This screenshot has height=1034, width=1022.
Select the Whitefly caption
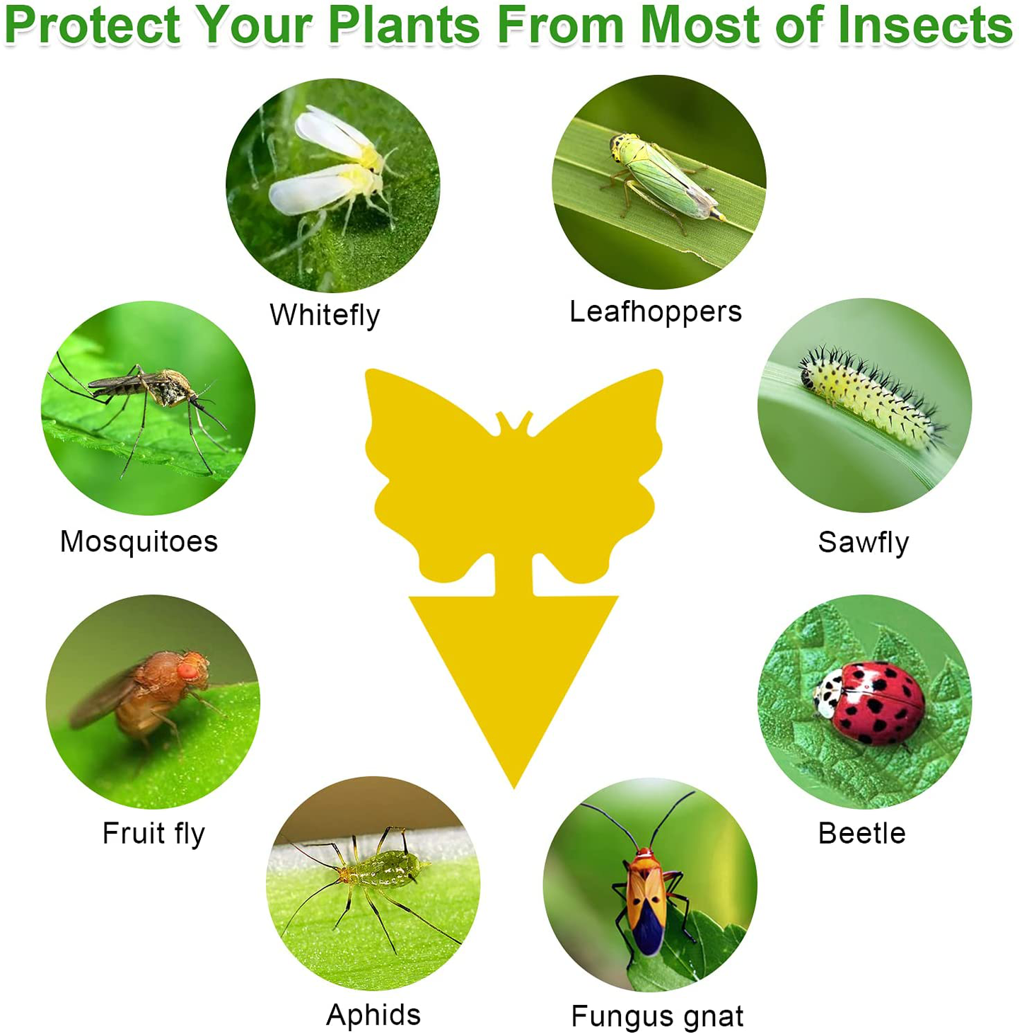[x=325, y=315]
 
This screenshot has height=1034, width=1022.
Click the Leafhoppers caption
[x=656, y=311]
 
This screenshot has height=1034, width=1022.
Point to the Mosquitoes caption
[x=139, y=541]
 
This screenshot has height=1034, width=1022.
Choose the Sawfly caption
[x=863, y=542]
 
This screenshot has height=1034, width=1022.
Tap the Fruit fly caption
[x=153, y=833]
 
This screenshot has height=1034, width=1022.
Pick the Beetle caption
[x=861, y=833]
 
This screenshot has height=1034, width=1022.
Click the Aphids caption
[x=373, y=1014]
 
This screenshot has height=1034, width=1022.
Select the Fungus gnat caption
[x=657, y=1016]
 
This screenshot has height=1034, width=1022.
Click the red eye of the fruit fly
[x=187, y=670]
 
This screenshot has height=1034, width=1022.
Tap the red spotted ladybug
[x=871, y=703]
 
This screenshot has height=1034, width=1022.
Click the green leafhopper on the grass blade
[x=661, y=177]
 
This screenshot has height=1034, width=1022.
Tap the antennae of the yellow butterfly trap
[x=514, y=422]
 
